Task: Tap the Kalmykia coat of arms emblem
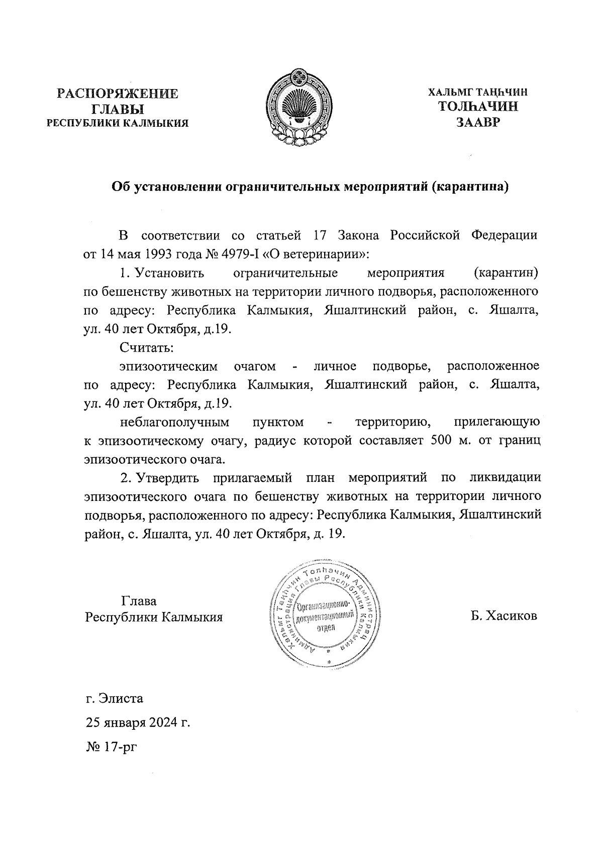click(x=299, y=110)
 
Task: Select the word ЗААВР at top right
click(x=477, y=122)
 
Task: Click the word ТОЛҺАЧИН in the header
click(x=478, y=107)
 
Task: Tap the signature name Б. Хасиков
click(x=504, y=616)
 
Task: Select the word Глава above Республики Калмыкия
click(x=139, y=601)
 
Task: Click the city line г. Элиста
click(x=115, y=699)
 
